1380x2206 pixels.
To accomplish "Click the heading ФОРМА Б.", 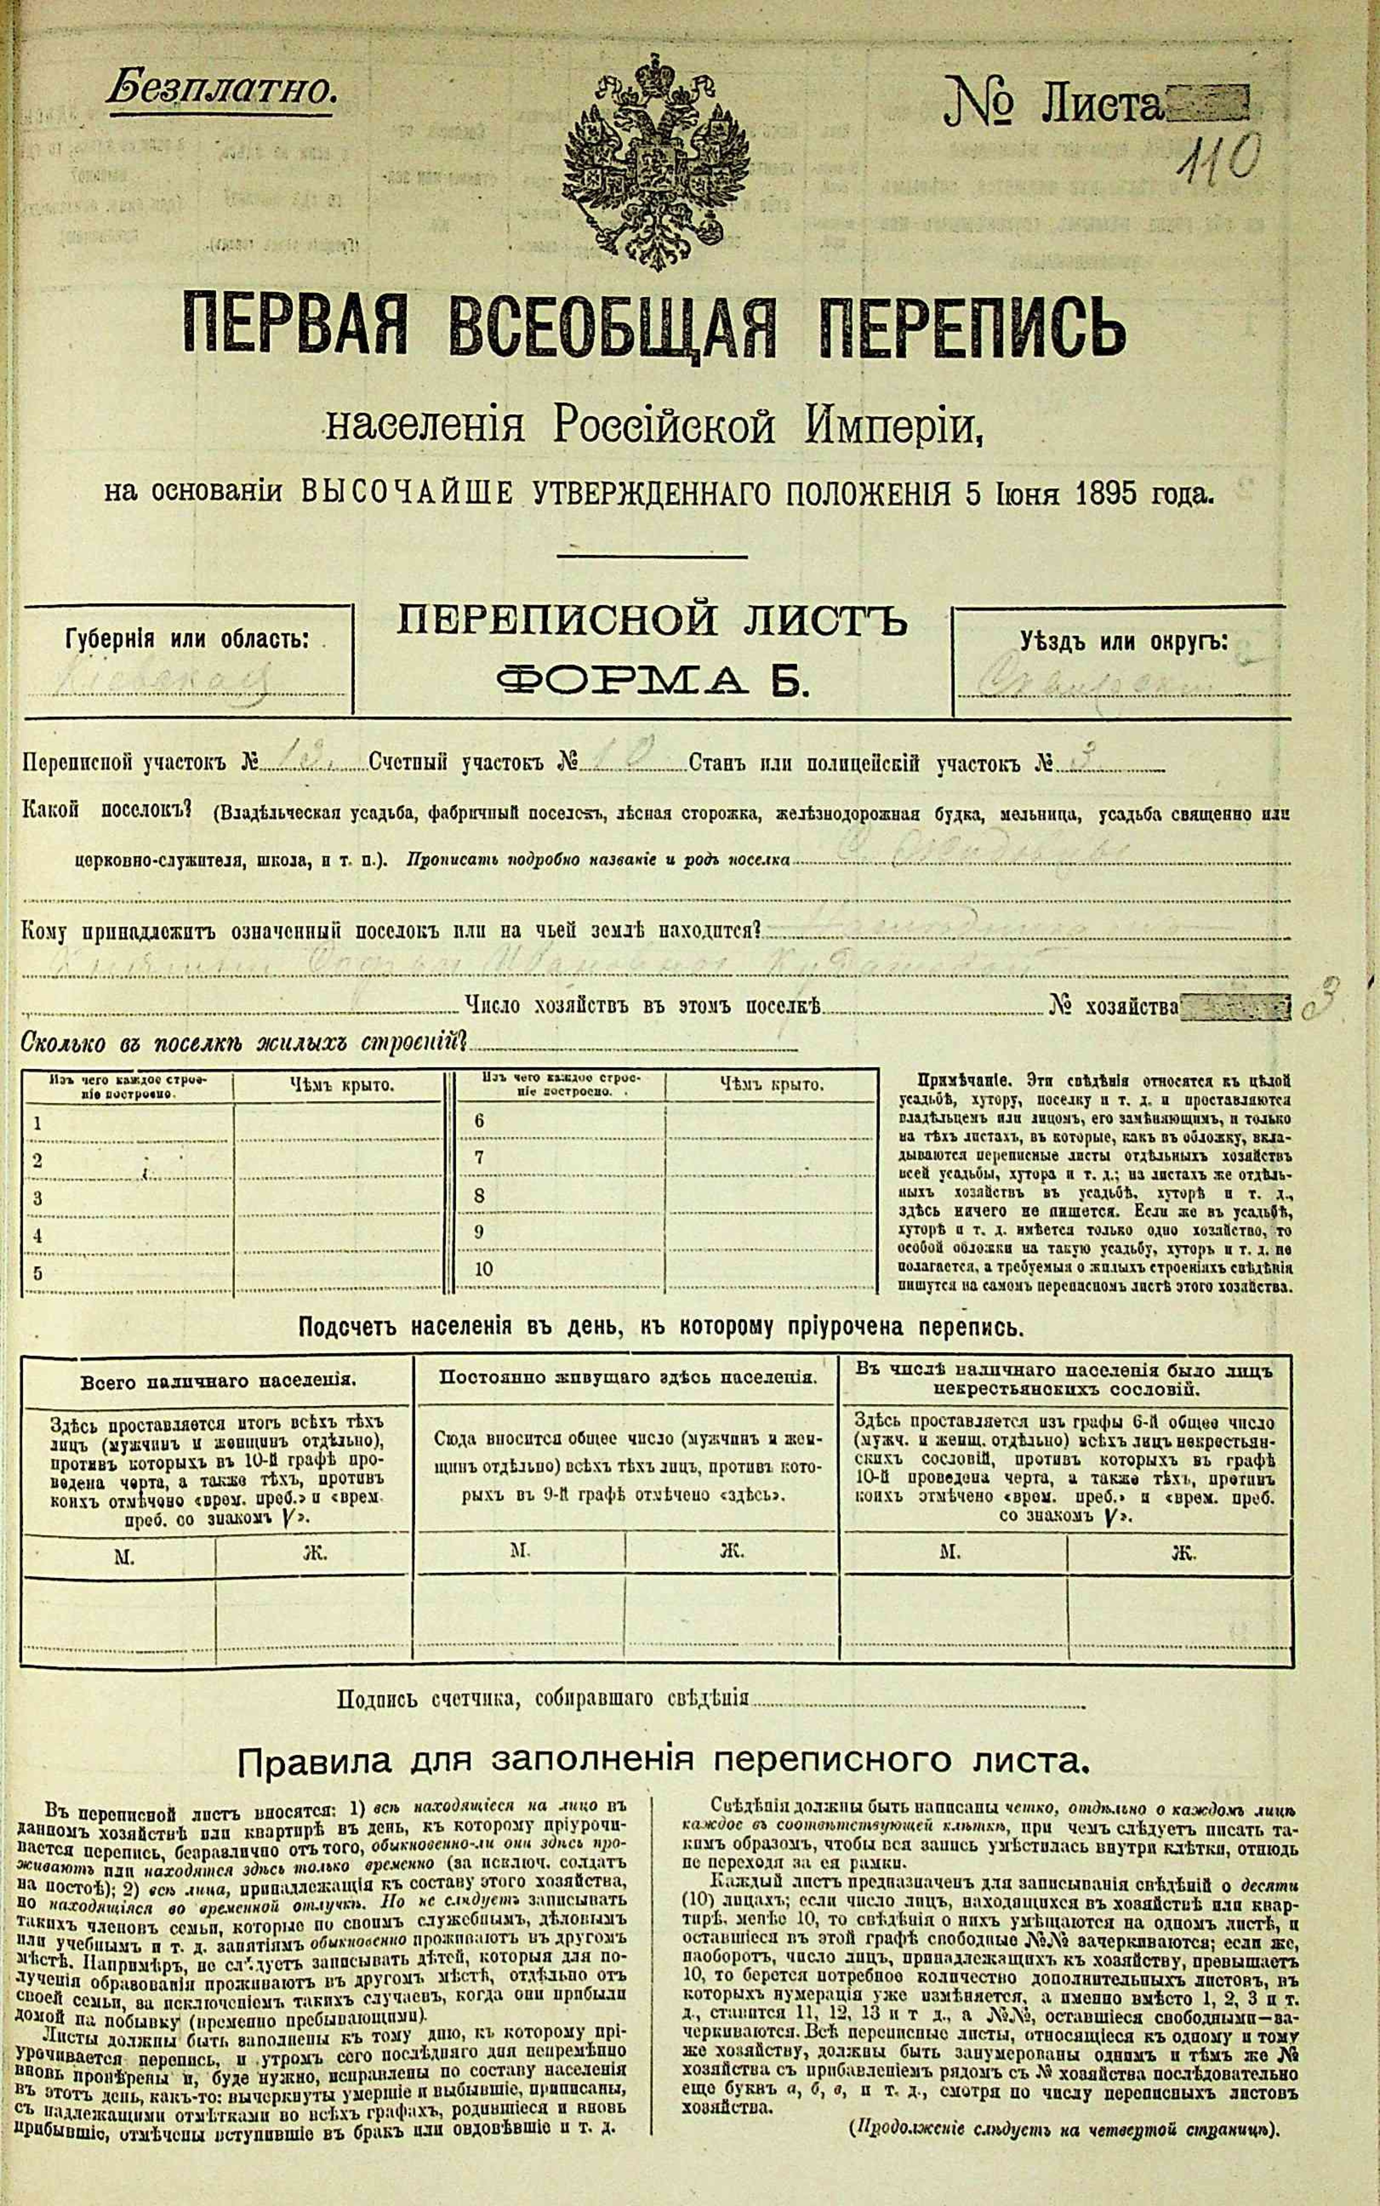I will click(x=652, y=680).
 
